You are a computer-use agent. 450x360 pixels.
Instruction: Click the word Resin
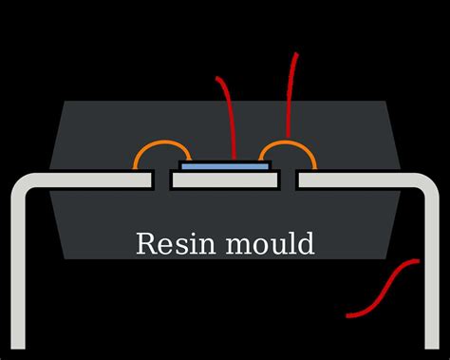(x=176, y=243)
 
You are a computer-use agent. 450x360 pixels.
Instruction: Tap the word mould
(x=271, y=243)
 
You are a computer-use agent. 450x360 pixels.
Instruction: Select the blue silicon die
(x=225, y=166)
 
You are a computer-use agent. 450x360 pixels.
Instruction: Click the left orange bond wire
(x=162, y=142)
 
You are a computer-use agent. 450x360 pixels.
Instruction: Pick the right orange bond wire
(x=288, y=142)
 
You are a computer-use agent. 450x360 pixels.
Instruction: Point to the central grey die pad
(x=225, y=180)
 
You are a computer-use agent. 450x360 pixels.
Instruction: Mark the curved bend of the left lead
(x=20, y=182)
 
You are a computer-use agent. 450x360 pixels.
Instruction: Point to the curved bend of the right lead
(x=430, y=182)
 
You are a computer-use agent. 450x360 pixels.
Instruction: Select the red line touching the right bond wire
(x=290, y=95)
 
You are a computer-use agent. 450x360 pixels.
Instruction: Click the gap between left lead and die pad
(x=161, y=180)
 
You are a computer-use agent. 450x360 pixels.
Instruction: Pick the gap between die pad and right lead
(x=289, y=180)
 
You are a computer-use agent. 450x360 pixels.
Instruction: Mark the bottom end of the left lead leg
(x=18, y=349)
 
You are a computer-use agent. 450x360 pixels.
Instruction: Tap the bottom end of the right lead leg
(x=432, y=349)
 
